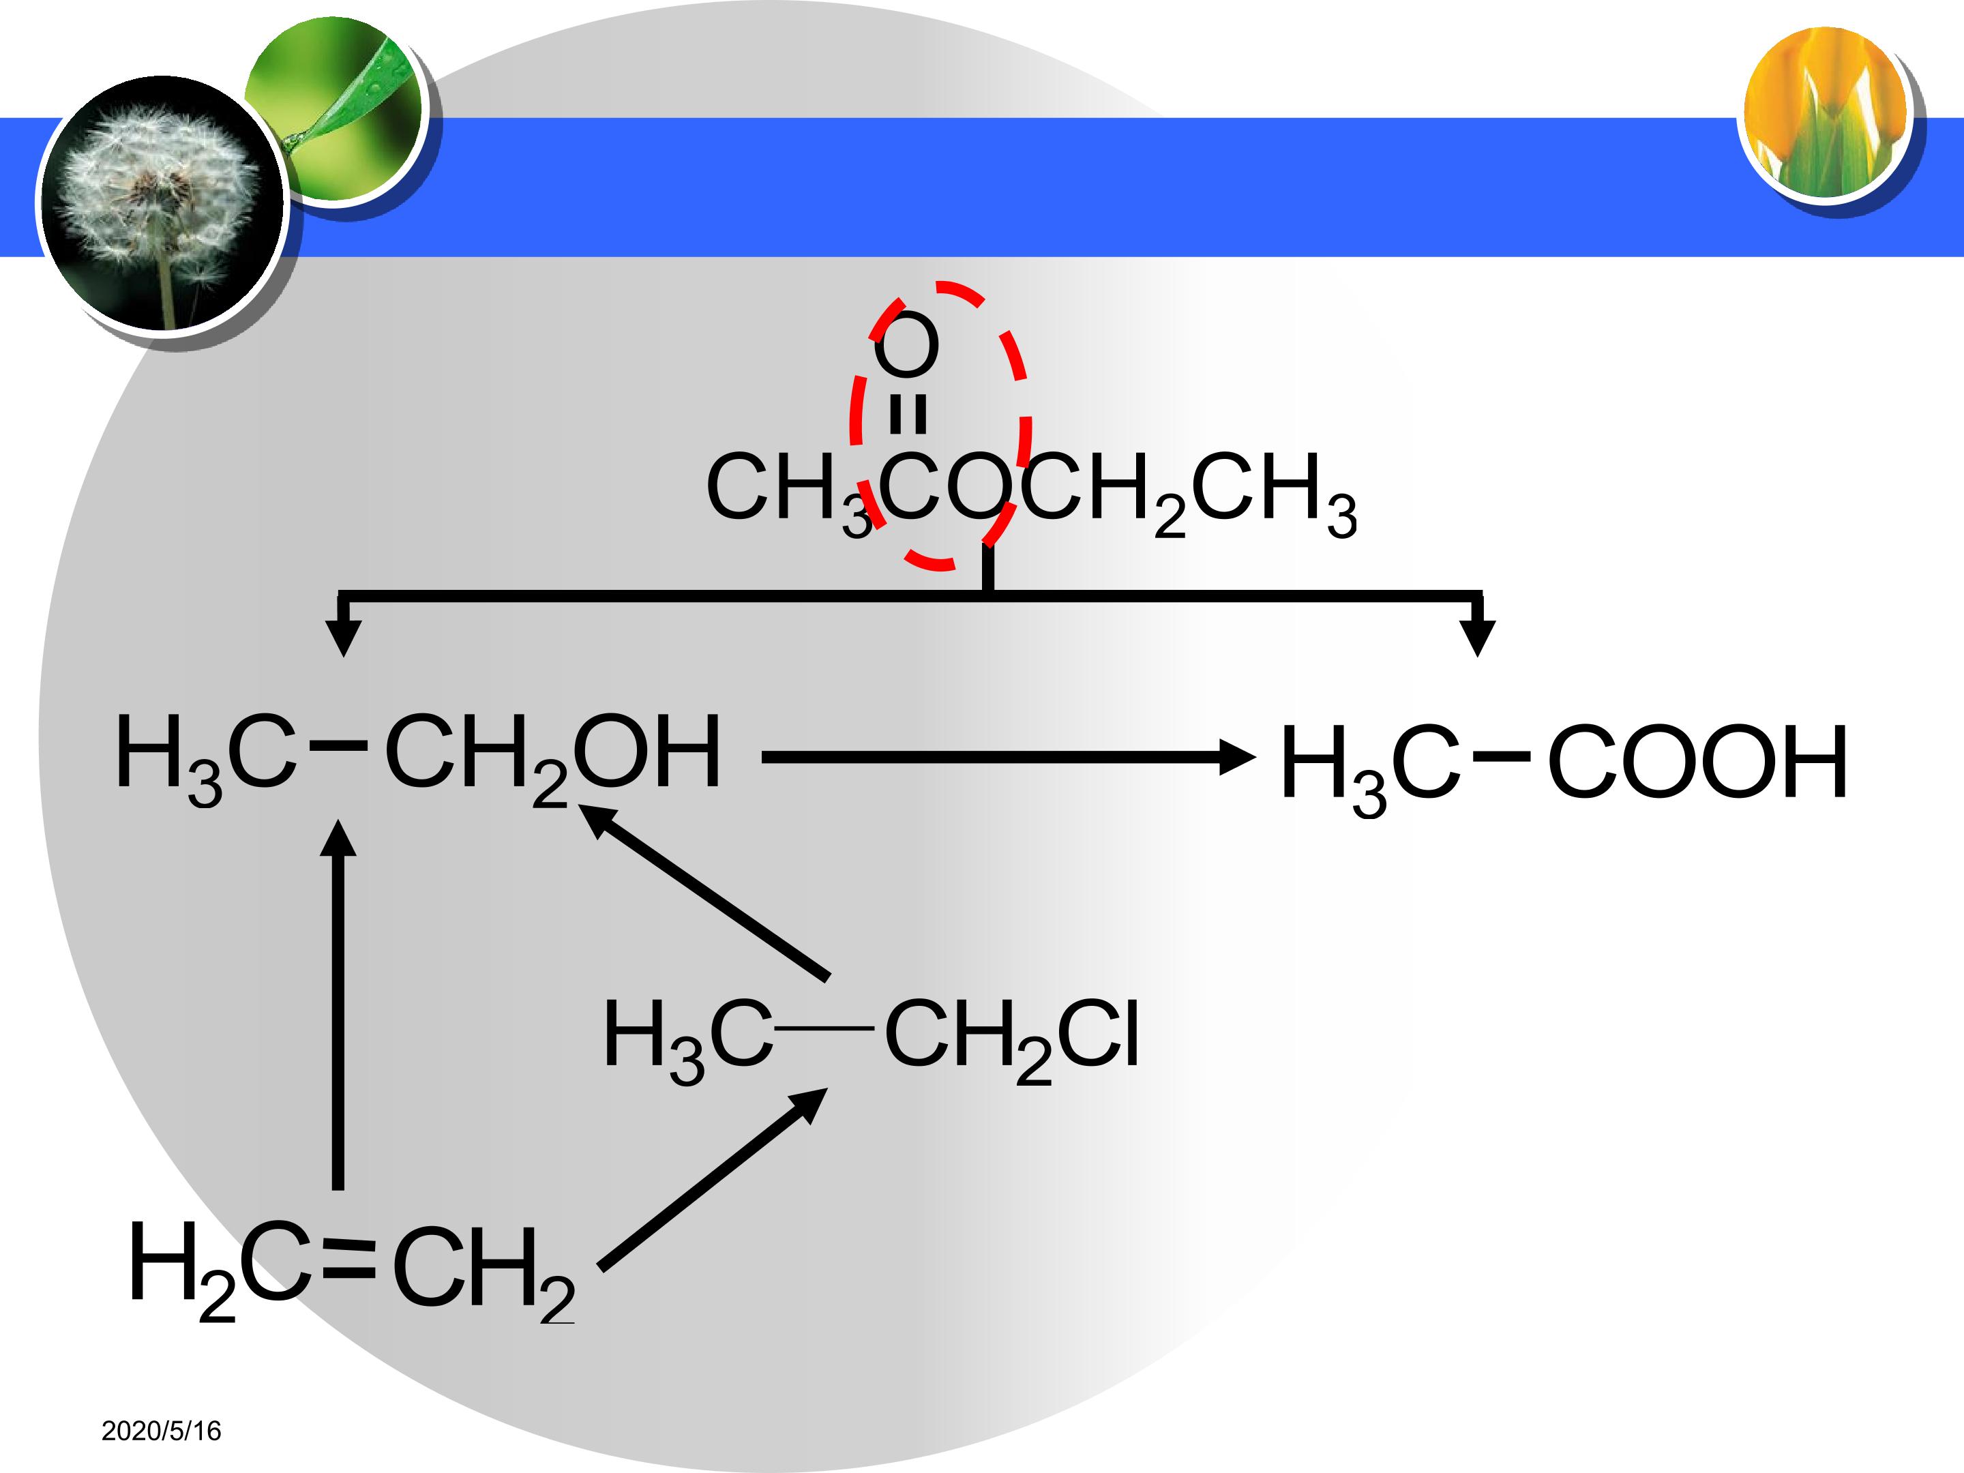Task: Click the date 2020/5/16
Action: (x=161, y=1431)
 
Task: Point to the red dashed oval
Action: (x=853, y=417)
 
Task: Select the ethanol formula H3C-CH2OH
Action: (x=417, y=756)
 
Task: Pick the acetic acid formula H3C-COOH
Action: (x=1564, y=765)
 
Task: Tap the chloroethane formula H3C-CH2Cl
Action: (x=870, y=1039)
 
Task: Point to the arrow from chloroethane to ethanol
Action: (x=703, y=891)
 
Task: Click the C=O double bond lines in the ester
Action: (x=908, y=414)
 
